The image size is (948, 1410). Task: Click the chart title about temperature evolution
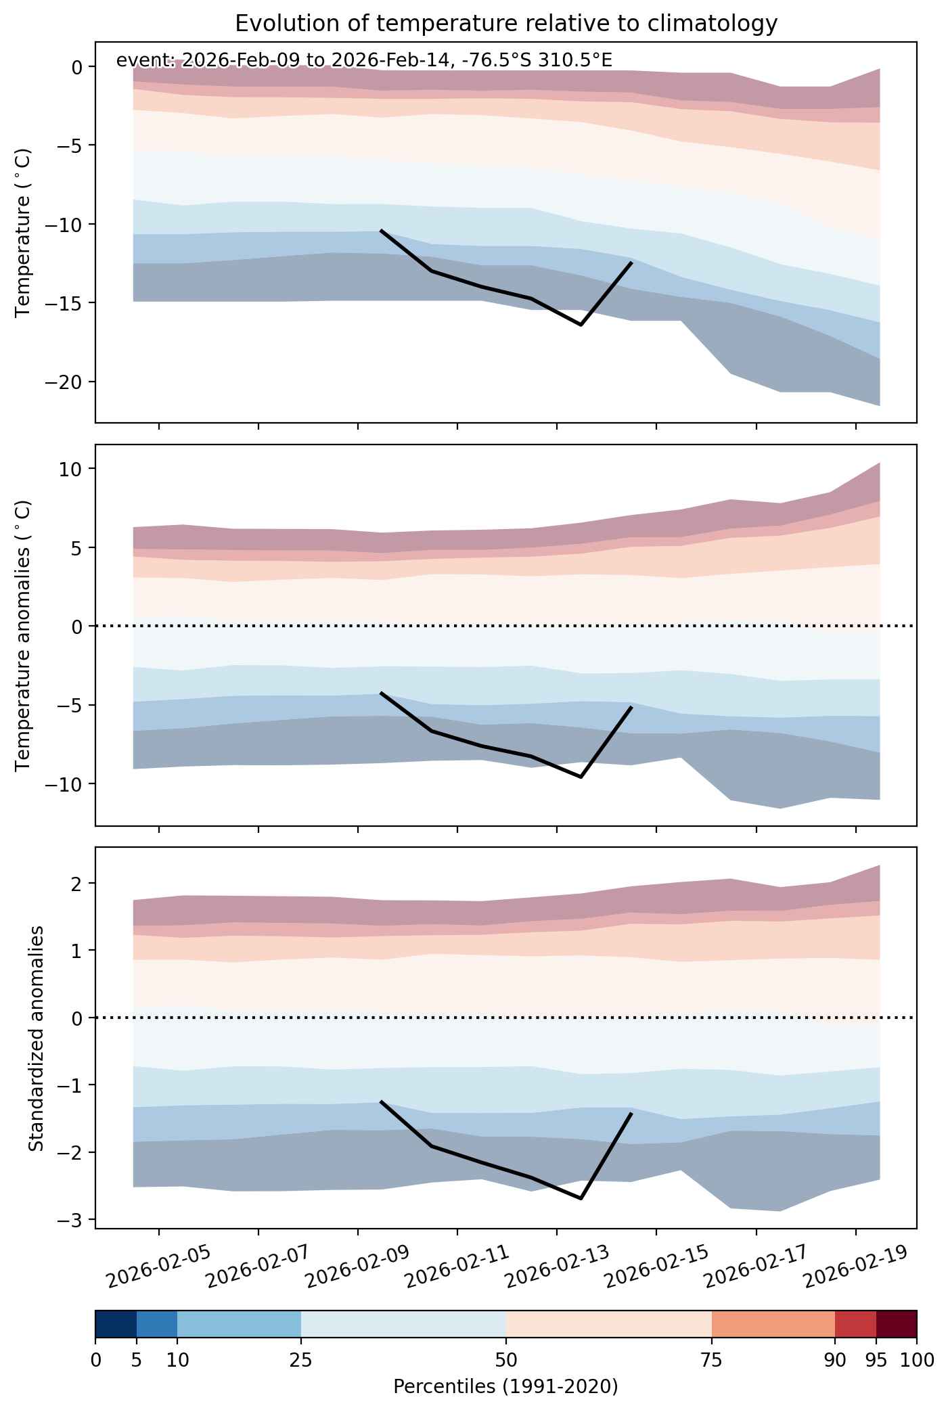point(506,24)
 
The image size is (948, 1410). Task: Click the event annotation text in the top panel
point(364,60)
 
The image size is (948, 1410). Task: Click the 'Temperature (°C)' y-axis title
point(23,231)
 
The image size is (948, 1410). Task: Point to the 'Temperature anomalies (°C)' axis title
point(23,635)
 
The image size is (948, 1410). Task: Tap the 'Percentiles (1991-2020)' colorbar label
point(505,1387)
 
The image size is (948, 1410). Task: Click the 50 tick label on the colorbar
point(506,1360)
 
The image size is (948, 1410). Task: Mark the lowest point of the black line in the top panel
point(581,325)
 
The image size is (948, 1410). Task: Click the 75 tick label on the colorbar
point(712,1360)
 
